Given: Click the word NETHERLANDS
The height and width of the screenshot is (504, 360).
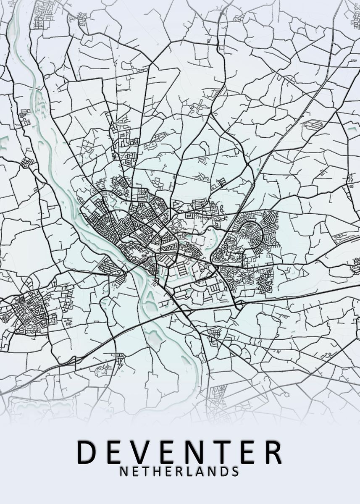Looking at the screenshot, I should tap(180, 471).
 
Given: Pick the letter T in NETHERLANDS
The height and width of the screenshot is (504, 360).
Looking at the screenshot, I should tap(145, 471).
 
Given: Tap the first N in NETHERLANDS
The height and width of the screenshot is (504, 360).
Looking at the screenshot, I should tap(124, 471).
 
